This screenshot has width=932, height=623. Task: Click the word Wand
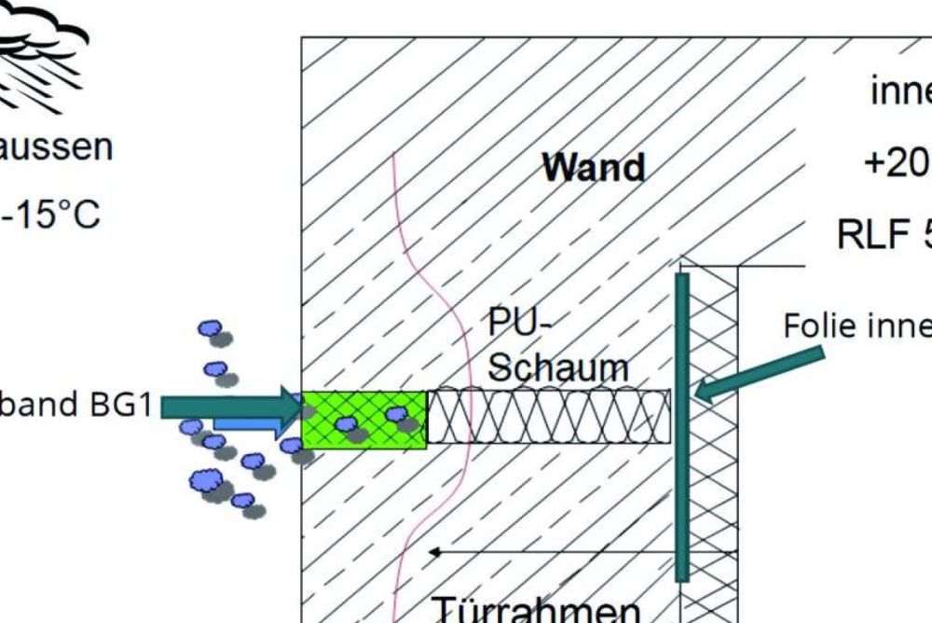[594, 168]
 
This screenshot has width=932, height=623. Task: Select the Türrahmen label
[536, 610]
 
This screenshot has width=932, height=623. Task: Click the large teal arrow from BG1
[233, 406]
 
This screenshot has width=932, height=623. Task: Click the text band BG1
[75, 407]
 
